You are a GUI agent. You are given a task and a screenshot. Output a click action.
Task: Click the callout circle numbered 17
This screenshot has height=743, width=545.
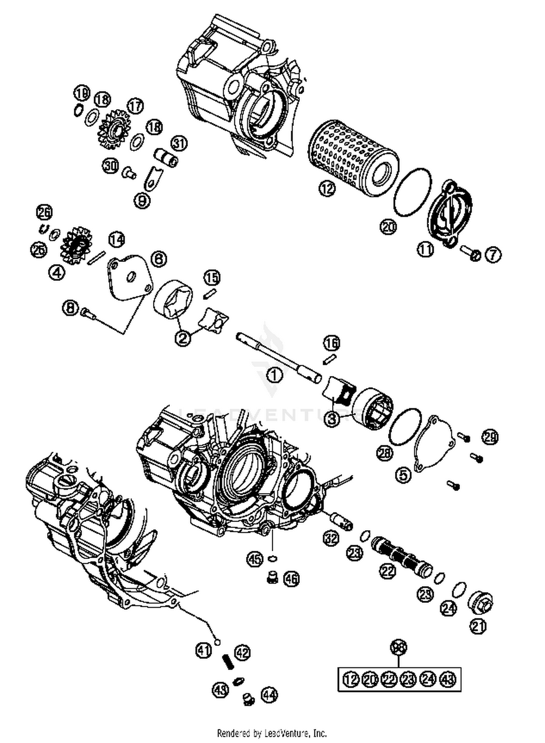135,106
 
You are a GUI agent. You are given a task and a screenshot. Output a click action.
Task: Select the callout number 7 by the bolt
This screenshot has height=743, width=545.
493,255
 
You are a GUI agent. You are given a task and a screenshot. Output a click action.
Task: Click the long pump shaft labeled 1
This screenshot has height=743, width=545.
278,356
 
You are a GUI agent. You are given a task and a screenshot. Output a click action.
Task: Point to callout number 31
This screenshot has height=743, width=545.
178,143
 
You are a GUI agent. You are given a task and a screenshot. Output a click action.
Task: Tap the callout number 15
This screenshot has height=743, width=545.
212,278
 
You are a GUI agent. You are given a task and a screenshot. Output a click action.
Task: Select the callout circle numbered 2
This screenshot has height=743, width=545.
183,338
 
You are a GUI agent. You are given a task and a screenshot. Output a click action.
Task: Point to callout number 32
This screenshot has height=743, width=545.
331,538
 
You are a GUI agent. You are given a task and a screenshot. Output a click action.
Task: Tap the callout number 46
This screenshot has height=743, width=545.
291,578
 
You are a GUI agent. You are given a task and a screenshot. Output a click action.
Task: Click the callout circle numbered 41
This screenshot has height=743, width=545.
203,649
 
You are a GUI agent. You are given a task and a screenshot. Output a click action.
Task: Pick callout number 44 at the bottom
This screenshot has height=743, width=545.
269,695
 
